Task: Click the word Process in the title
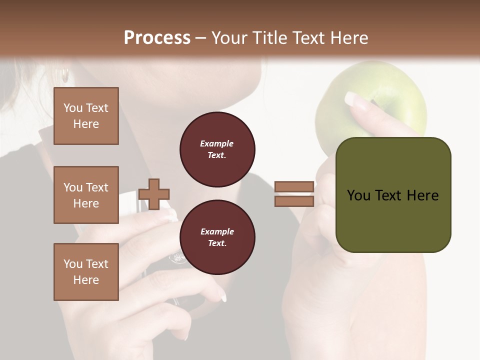(157, 37)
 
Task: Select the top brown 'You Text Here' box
(86, 116)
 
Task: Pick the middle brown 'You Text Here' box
(86, 195)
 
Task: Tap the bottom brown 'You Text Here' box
(86, 272)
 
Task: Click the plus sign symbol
(154, 194)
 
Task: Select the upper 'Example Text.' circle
(217, 149)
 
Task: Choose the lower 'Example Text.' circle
(217, 237)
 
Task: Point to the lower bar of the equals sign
(294, 201)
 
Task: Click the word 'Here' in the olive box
(422, 195)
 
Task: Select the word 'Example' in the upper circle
(217, 143)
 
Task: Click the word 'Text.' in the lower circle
(217, 243)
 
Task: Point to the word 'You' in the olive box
(359, 195)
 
